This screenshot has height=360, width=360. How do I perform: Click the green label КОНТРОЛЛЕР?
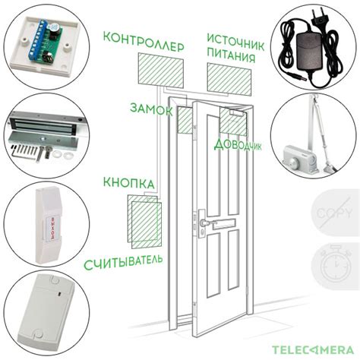[144, 43]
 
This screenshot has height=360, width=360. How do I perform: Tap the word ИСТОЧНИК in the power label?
[235, 42]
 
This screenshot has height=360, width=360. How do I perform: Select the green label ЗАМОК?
[151, 109]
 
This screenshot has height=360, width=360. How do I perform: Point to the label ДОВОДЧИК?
[238, 144]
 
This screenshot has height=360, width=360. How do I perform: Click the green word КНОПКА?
[128, 183]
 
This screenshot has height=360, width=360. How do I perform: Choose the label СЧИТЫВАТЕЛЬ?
[123, 262]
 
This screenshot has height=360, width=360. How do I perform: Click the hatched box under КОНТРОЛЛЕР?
[161, 71]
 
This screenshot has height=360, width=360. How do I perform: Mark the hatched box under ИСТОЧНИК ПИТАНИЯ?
[229, 79]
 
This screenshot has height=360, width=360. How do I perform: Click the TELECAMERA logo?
[313, 350]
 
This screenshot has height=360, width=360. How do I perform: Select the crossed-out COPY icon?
[334, 213]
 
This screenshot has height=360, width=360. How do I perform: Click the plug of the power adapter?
[319, 17]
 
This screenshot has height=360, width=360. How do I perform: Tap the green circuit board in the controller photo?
[45, 43]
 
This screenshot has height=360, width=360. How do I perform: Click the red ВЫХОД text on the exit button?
[52, 228]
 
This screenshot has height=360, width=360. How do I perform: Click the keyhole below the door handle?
[203, 231]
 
